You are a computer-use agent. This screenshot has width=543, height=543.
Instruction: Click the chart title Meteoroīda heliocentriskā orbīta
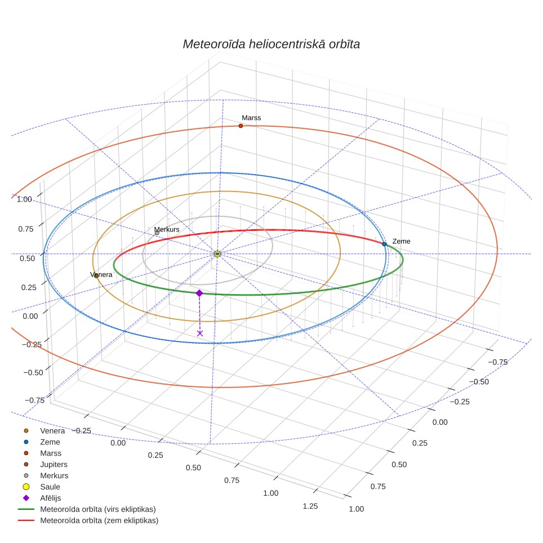(x=271, y=44)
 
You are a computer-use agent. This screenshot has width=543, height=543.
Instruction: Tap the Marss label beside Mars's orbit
(x=251, y=118)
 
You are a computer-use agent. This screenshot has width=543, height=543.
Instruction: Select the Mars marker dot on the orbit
(x=241, y=126)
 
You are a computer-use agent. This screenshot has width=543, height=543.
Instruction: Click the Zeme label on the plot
(x=401, y=241)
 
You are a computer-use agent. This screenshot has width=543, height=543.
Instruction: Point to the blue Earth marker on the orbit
(x=384, y=244)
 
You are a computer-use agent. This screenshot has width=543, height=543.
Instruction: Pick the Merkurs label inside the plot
(x=167, y=229)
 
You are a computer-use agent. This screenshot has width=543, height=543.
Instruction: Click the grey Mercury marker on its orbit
(x=157, y=233)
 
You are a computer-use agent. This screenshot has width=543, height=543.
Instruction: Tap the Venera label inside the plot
(x=101, y=275)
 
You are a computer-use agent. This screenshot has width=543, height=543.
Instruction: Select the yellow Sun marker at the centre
(x=217, y=254)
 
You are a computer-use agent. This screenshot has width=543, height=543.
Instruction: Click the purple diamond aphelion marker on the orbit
(x=199, y=293)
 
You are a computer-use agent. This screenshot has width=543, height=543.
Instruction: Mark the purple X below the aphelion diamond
(x=200, y=333)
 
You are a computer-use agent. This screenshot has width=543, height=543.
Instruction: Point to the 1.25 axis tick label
(x=310, y=506)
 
